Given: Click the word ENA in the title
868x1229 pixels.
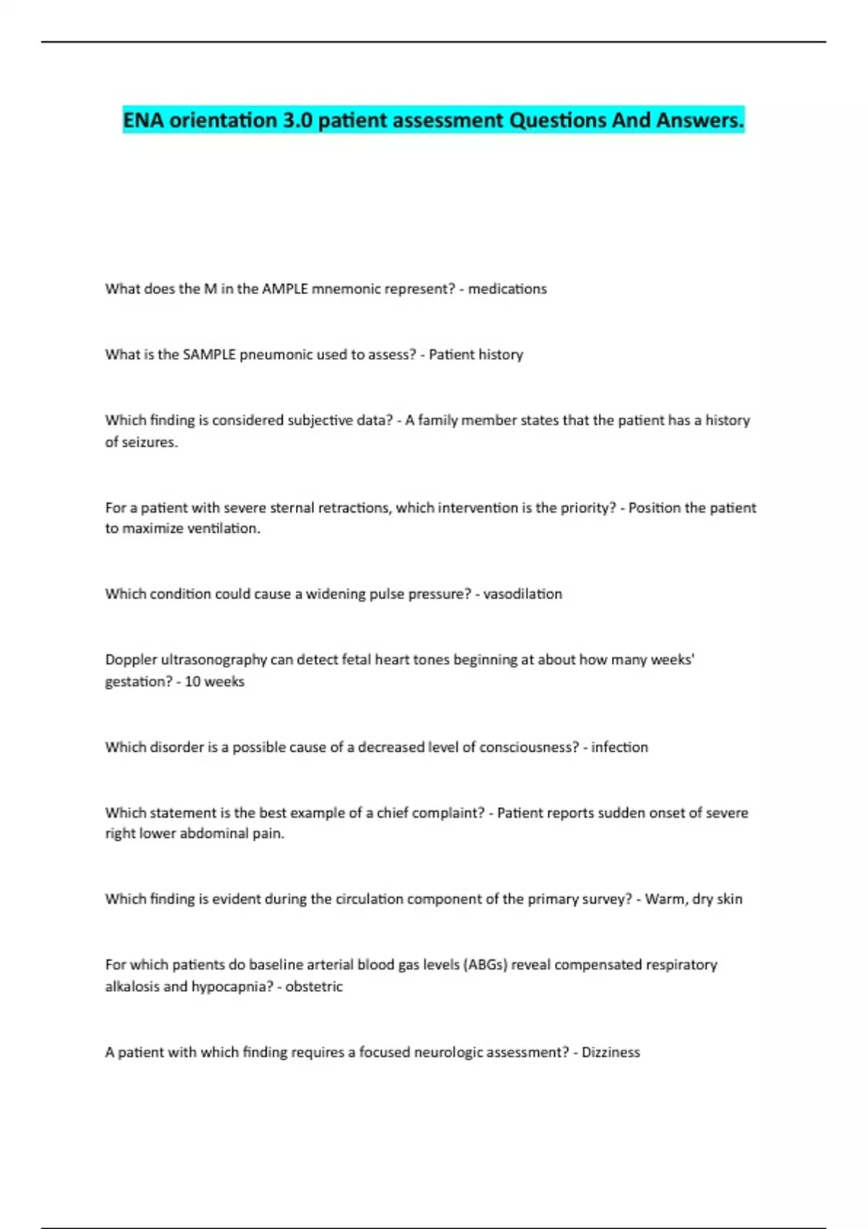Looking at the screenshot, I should pyautogui.click(x=142, y=120).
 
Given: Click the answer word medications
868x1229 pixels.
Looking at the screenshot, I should pyautogui.click(x=507, y=289).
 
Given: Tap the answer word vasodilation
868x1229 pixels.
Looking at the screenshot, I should pyautogui.click(x=522, y=594).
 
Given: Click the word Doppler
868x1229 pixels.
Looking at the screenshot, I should pyautogui.click(x=131, y=660).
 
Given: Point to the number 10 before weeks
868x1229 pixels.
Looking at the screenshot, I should pyautogui.click(x=192, y=682).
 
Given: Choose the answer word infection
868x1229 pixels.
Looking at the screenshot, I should pyautogui.click(x=619, y=748).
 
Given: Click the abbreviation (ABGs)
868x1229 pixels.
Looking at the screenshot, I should pyautogui.click(x=485, y=965).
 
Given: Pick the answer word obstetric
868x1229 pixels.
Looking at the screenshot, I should pyautogui.click(x=314, y=987).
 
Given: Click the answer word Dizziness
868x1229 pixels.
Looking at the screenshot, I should pyautogui.click(x=610, y=1053).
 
